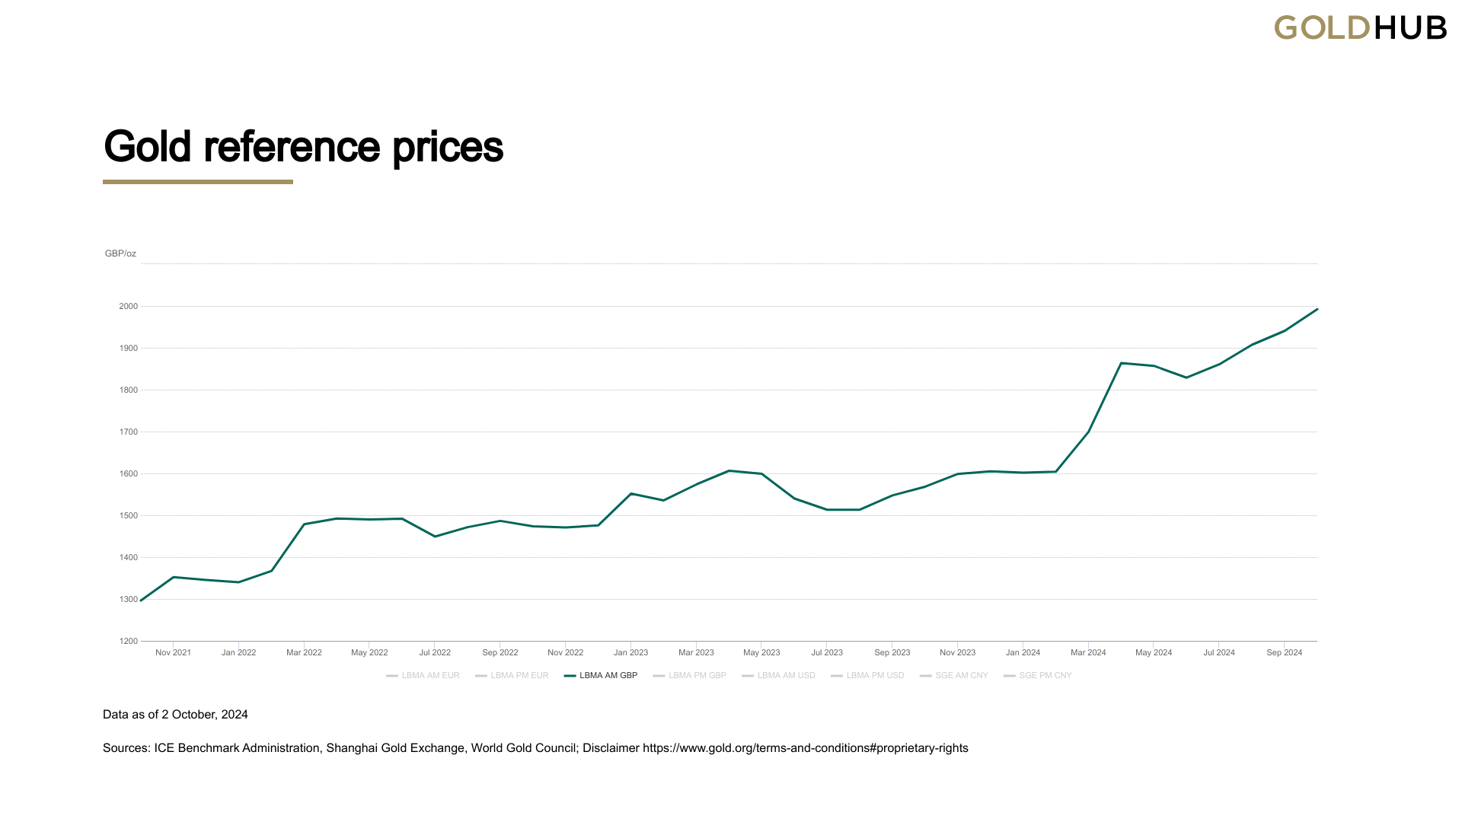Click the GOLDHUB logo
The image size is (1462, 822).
(1360, 28)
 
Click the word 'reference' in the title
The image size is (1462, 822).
(292, 146)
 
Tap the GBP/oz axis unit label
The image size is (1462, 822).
(120, 253)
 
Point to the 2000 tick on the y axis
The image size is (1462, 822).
(128, 307)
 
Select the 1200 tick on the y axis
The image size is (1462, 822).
(128, 642)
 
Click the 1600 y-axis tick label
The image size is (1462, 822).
(128, 474)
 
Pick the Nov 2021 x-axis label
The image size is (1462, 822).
(173, 653)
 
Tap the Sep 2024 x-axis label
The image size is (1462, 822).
(1284, 653)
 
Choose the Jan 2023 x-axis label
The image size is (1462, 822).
(630, 653)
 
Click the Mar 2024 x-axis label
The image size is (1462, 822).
(1088, 653)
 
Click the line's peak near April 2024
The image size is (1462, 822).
(1122, 363)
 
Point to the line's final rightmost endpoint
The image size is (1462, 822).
(1317, 310)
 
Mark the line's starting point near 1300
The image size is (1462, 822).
(142, 601)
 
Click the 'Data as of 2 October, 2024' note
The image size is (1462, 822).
(175, 715)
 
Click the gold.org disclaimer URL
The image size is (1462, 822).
(805, 748)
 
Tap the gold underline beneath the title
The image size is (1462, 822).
(198, 182)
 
